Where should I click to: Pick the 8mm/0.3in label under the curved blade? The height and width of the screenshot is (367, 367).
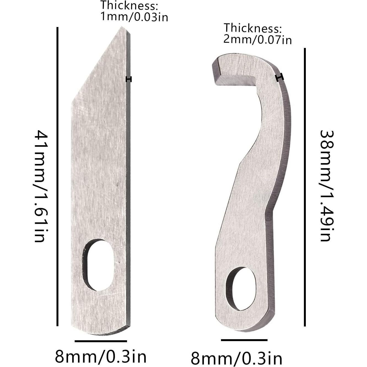coord(236,358)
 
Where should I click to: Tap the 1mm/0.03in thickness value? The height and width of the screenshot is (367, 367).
coord(134,17)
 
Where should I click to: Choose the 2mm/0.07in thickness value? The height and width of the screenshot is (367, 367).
coord(257,39)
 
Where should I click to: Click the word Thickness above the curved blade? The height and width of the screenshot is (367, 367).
coord(252,28)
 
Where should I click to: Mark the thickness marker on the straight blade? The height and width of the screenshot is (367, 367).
coord(128,79)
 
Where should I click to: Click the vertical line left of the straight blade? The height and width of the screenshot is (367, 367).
coord(57,176)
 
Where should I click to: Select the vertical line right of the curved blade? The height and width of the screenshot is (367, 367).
coord(305,187)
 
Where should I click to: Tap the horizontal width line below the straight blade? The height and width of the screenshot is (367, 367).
coord(101,341)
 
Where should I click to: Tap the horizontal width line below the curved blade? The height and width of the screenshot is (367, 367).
coord(244,340)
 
